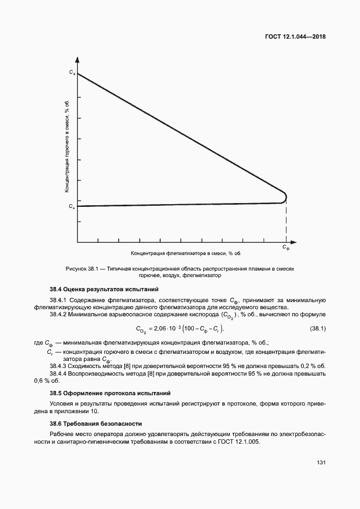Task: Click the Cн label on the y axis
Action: click(x=72, y=207)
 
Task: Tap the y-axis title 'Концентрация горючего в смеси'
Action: click(x=66, y=146)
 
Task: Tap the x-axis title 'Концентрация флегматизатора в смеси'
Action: click(x=185, y=254)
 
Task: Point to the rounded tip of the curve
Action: click(x=286, y=197)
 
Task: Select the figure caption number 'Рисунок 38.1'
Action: click(x=81, y=269)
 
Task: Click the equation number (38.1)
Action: click(x=318, y=329)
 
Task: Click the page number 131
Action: click(x=321, y=463)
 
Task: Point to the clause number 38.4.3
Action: click(x=60, y=365)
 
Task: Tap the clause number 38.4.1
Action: click(x=60, y=300)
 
